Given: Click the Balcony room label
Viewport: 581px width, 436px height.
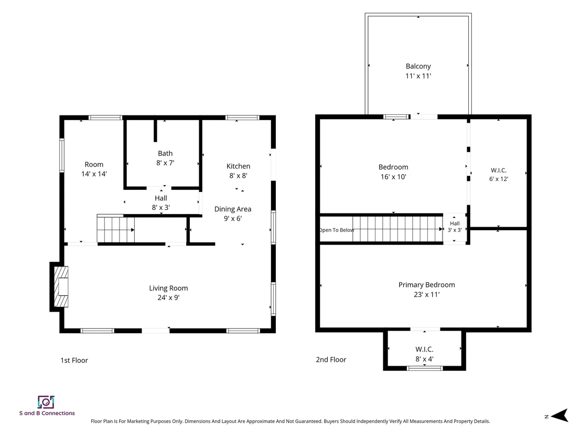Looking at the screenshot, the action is (418, 66).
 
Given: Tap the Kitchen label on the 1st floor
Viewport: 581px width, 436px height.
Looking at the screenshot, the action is (238, 166).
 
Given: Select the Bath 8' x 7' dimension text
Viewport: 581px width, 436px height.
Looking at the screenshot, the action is (165, 163).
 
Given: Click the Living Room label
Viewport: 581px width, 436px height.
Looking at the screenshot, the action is (169, 288).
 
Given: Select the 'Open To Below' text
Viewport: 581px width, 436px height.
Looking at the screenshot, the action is (337, 230).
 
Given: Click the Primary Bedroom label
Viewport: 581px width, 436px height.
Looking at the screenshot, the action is (426, 285).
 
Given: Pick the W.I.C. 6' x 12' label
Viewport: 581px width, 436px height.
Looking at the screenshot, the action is (499, 174).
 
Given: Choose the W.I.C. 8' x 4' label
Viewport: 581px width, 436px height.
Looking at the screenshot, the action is (424, 354).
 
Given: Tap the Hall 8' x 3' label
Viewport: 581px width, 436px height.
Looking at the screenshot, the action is (161, 203).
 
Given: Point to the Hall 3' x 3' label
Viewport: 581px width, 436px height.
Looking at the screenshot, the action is (455, 227).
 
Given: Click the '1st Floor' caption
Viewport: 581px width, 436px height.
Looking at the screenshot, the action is (74, 360).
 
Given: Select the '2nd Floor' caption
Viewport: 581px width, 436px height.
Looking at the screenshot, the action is (331, 359).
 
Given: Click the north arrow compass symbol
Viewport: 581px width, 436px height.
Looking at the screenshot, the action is (560, 416).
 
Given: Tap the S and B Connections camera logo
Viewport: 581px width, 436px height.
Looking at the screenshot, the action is (46, 402).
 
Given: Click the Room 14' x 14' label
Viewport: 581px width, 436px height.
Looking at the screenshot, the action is (94, 169).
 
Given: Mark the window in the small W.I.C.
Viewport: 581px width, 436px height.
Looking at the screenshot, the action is (425, 368).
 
